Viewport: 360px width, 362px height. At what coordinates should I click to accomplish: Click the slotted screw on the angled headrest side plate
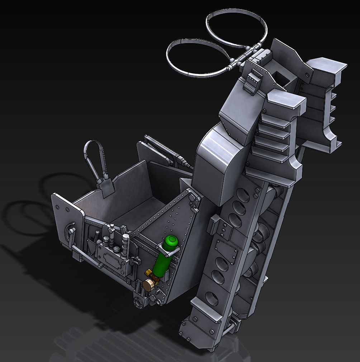click(x=307, y=75)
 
